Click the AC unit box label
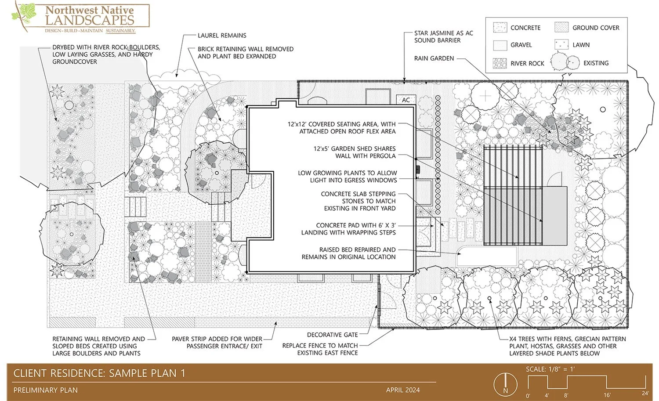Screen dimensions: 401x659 tap(406, 100)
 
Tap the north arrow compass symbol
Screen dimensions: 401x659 tap(505, 384)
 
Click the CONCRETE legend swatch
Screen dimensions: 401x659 tap(500, 28)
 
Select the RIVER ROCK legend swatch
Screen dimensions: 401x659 tap(500, 63)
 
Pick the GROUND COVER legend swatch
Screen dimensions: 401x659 tap(561, 28)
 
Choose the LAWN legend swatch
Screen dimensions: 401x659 tap(561, 44)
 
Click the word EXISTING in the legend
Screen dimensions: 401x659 tap(596, 63)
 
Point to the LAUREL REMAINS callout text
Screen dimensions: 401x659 tap(222, 36)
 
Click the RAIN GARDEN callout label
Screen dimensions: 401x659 tap(434, 58)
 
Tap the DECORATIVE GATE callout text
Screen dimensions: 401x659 tap(332, 335)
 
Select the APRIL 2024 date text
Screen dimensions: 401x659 tap(403, 390)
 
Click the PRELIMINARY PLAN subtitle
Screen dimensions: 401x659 tap(46, 390)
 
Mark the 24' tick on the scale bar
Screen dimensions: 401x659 tap(645, 394)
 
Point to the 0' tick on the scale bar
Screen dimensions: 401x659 tap(528, 395)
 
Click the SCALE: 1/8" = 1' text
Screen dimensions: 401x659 tap(550, 369)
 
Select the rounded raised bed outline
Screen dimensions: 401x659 tap(487, 256)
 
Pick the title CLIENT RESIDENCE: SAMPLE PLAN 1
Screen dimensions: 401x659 tap(99, 373)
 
